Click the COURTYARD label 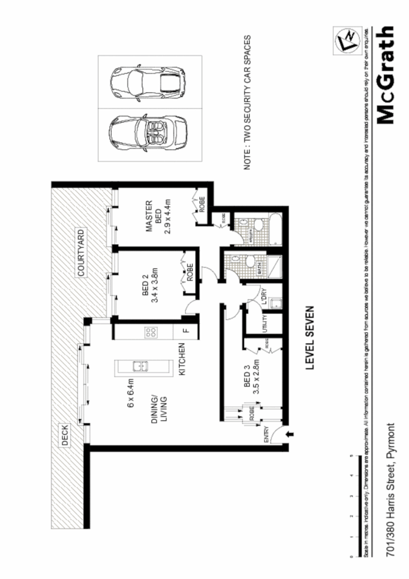click(82, 252)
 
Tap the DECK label click(65, 436)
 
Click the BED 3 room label click(246, 380)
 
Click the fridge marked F click(185, 331)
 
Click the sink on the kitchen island click(139, 366)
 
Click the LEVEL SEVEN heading click(309, 338)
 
